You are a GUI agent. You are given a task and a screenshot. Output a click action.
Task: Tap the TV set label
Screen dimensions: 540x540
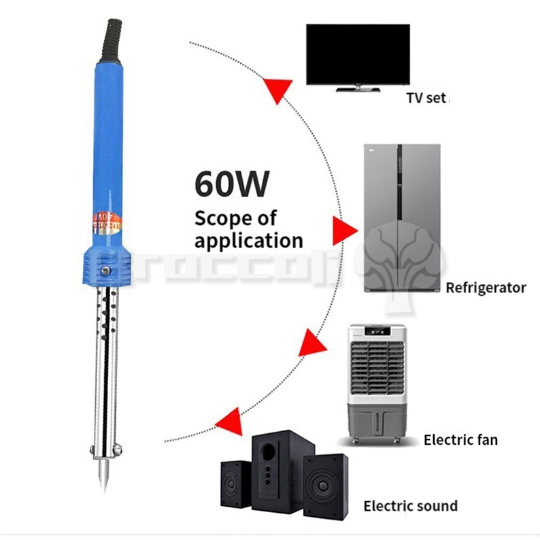pos(426,97)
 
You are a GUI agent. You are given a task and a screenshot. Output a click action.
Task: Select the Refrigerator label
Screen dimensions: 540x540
pos(486,288)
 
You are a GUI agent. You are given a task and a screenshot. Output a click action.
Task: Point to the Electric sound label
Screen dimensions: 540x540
pos(410,506)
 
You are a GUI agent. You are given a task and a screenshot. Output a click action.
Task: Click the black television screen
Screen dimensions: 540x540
pos(358,54)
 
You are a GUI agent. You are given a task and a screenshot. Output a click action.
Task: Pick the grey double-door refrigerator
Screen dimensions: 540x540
pos(402,218)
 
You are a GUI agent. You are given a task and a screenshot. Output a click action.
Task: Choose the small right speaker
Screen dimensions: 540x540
pos(326,486)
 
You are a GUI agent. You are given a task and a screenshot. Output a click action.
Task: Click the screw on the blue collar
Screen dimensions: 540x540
pos(106,271)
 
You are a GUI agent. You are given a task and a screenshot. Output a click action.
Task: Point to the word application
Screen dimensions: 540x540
pos(248,240)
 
